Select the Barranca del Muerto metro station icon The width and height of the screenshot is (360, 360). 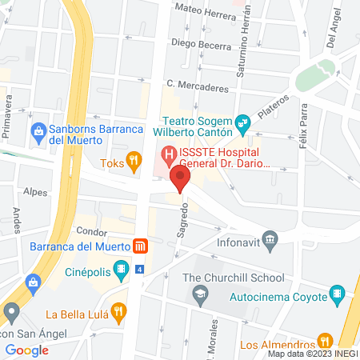point(139,246)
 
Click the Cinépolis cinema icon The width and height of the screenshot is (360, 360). point(120,267)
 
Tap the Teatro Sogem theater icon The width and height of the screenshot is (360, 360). point(244,124)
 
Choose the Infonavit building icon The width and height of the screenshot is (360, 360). point(270,238)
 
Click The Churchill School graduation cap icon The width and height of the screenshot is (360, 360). point(198,295)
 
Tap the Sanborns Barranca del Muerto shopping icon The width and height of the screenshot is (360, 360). point(37,130)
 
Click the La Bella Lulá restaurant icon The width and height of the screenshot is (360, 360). point(118,311)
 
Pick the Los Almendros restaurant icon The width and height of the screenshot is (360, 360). point(324,339)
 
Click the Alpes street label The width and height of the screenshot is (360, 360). point(35,193)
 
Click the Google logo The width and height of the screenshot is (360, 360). point(27,350)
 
